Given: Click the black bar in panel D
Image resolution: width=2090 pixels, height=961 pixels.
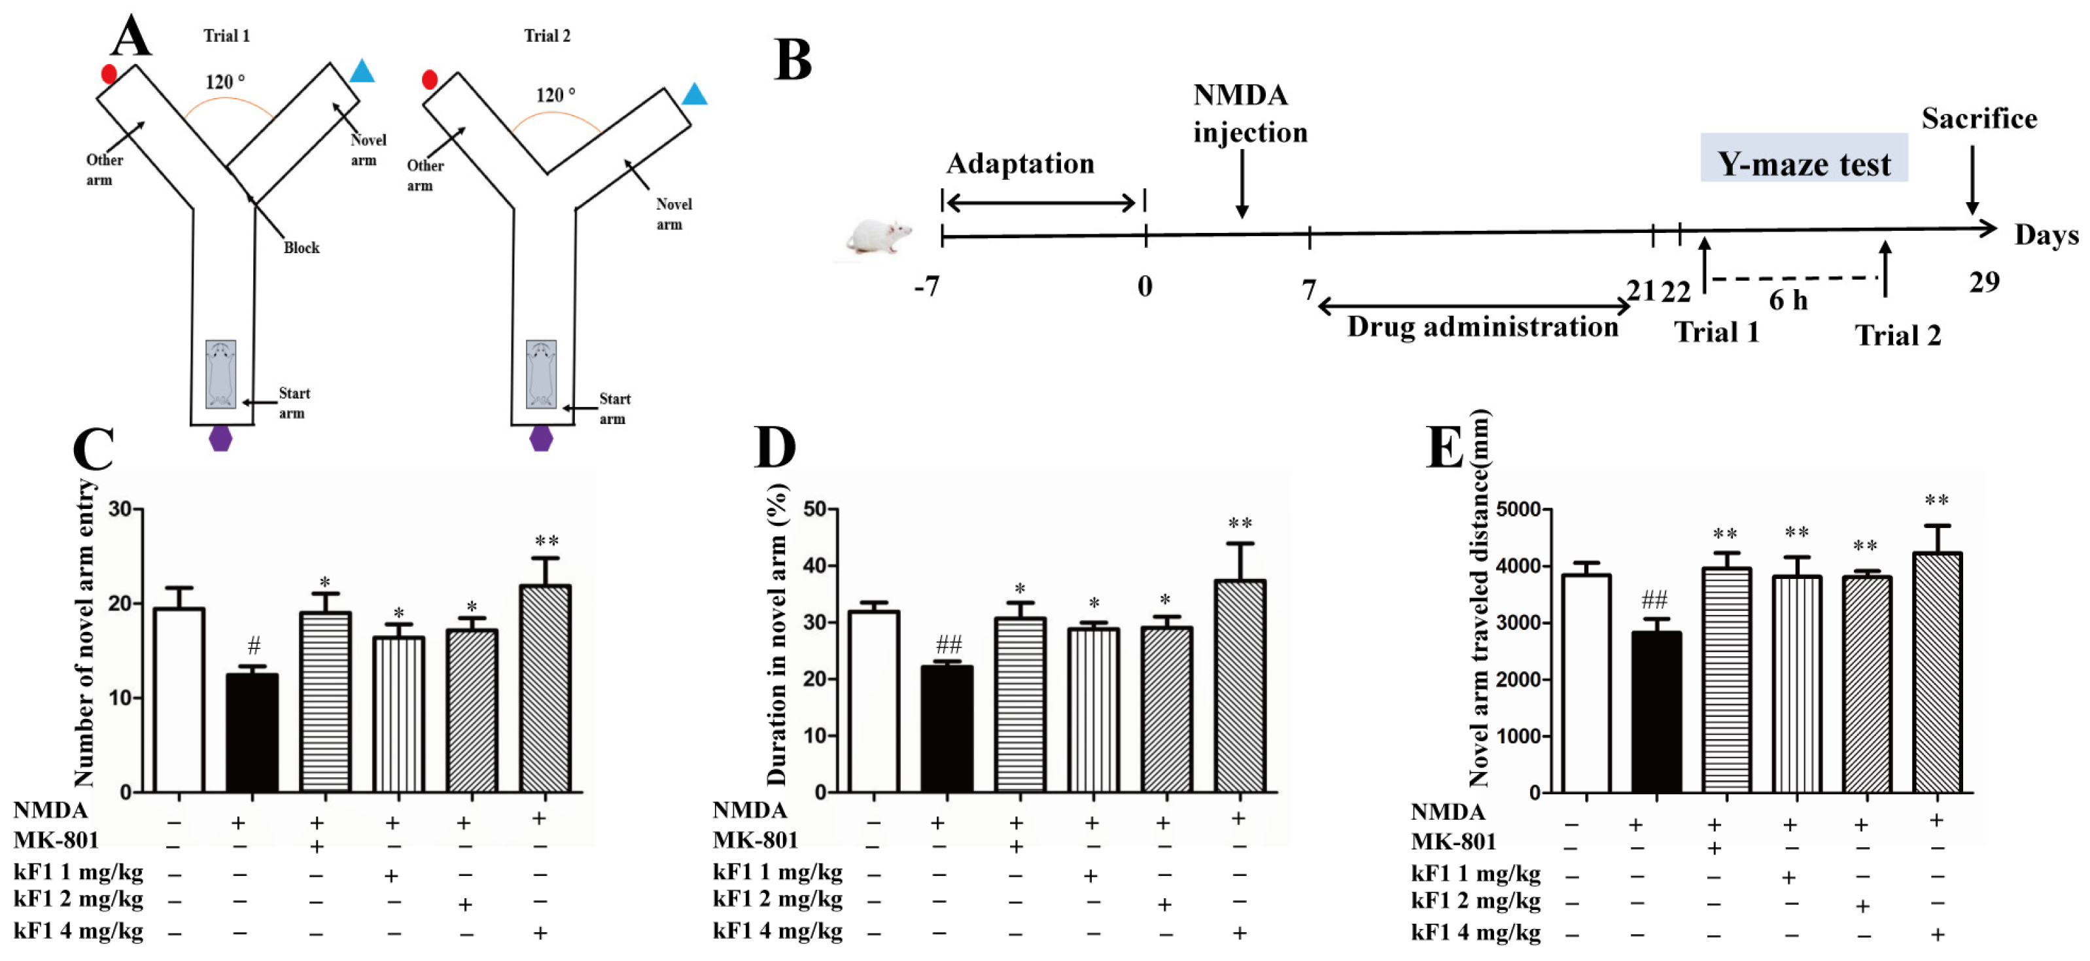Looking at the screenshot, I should point(947,728).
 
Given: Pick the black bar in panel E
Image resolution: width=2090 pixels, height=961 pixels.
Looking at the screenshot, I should point(1656,711).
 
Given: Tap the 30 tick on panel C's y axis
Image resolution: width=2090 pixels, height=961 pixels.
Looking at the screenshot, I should point(120,509).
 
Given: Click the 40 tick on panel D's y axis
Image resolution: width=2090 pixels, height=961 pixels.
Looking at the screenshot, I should point(814,566).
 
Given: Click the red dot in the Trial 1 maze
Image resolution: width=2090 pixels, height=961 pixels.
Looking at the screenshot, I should point(109,75).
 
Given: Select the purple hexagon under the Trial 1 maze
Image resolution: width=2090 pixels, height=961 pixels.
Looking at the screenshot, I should point(220,438).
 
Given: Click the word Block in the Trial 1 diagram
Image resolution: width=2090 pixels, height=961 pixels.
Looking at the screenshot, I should point(301,247).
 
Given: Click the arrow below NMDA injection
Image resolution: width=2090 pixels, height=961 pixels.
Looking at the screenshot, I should point(1242,186).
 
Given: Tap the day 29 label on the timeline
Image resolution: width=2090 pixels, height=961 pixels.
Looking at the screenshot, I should point(1984,282).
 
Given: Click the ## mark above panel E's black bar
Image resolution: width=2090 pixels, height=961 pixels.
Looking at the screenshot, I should point(1654,600).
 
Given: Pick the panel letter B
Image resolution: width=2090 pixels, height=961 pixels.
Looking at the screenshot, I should point(793,60).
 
